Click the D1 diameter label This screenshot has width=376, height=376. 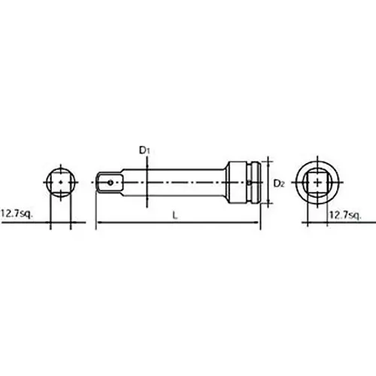[145, 150]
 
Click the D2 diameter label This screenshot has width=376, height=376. [277, 183]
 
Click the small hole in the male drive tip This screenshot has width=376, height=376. [110, 180]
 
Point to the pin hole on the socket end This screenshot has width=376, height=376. [250, 180]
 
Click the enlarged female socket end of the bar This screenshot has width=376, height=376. [245, 180]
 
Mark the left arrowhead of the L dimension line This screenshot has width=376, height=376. [99, 223]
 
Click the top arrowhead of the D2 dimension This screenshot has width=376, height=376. [268, 163]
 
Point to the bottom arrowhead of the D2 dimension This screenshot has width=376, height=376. [268, 199]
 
